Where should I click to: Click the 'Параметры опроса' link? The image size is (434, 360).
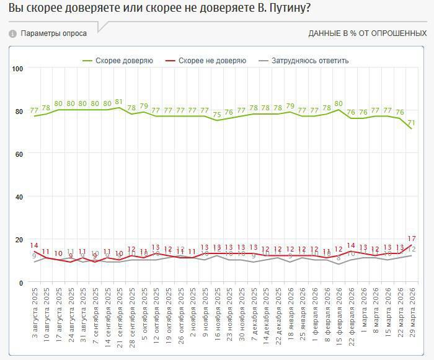pyautogui.click(x=53, y=33)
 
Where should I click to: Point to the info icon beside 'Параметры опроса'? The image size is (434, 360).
pyautogui.click(x=12, y=33)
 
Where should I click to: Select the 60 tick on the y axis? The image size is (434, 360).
pyautogui.click(x=19, y=154)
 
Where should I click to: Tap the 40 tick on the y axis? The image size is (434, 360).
pyautogui.click(x=19, y=197)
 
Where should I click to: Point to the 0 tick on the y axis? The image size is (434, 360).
pyautogui.click(x=20, y=283)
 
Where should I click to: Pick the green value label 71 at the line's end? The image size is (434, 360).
pyautogui.click(x=411, y=123)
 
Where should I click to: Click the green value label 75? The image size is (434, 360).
pyautogui.click(x=217, y=115)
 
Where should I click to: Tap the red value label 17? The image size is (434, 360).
pyautogui.click(x=410, y=239)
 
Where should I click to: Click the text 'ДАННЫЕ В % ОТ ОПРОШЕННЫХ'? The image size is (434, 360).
pyautogui.click(x=368, y=33)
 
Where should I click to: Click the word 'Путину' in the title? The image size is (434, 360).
pyautogui.click(x=280, y=9)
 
